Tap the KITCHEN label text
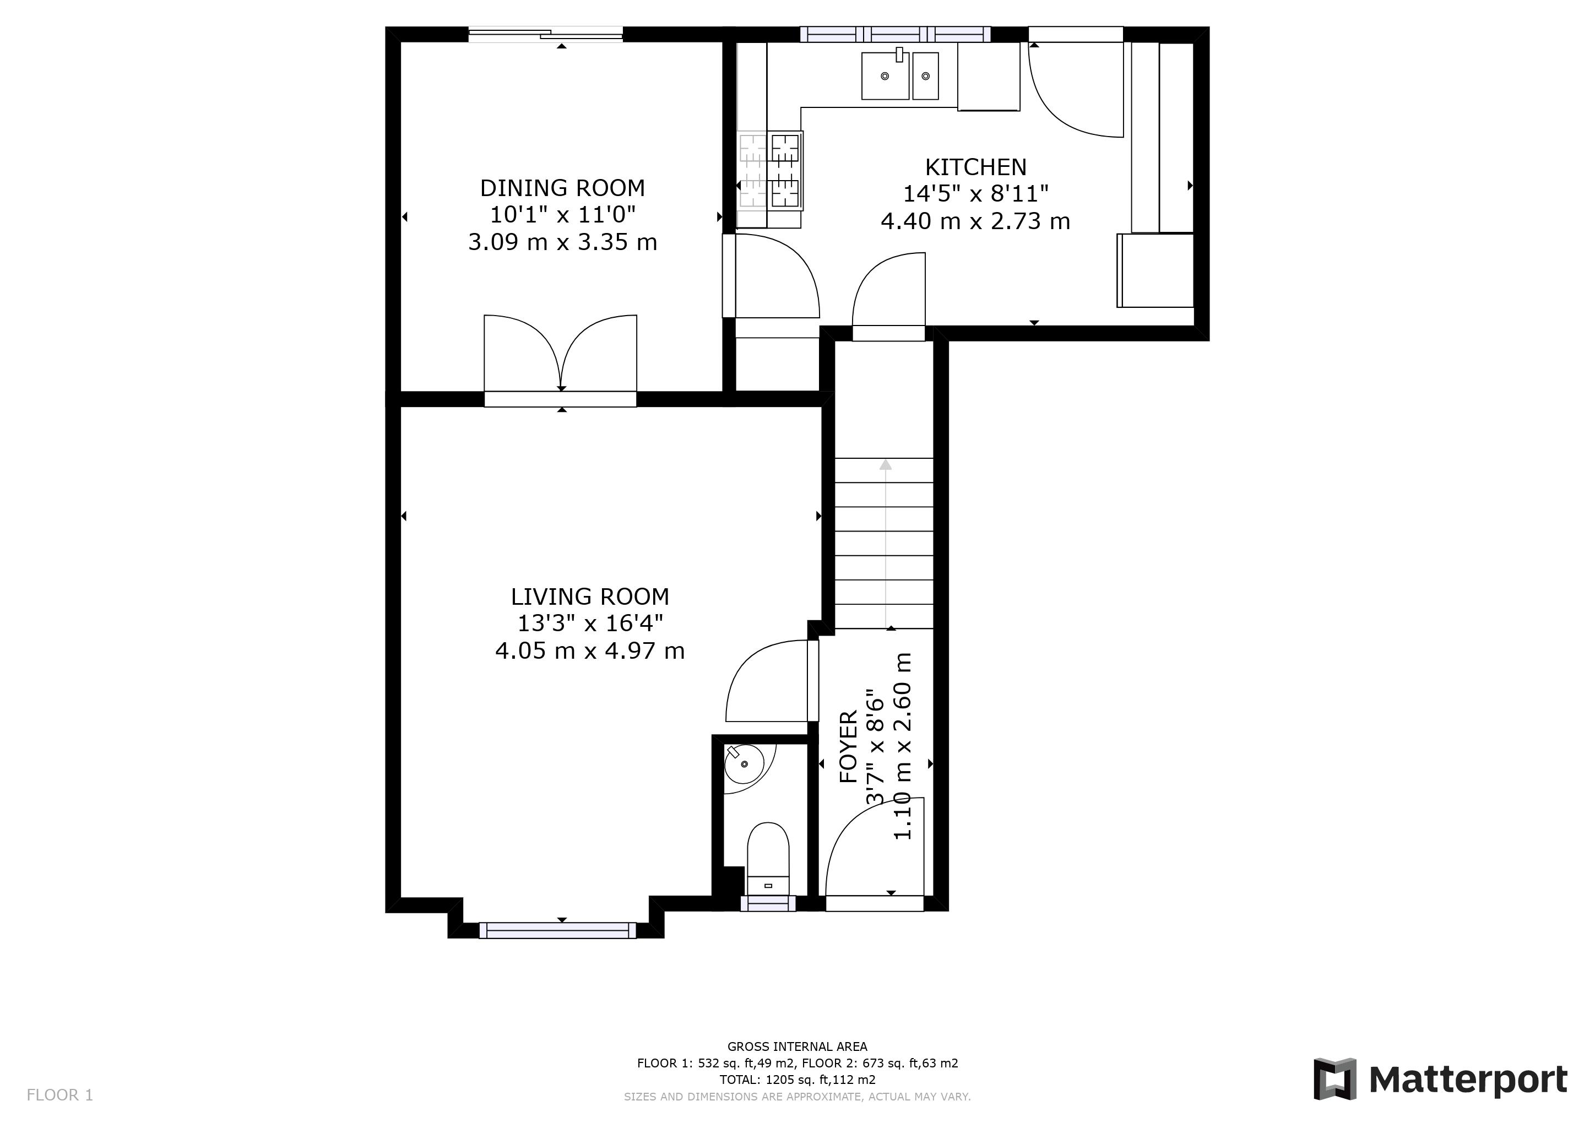pyautogui.click(x=975, y=167)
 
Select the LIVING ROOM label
pyautogui.click(x=590, y=596)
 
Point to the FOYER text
pyautogui.click(x=849, y=747)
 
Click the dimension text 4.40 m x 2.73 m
pyautogui.click(x=975, y=221)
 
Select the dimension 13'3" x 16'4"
pyautogui.click(x=590, y=623)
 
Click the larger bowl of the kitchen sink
pyautogui.click(x=885, y=75)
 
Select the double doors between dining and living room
pyautogui.click(x=561, y=354)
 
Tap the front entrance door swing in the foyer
pyautogui.click(x=874, y=851)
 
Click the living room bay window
pyautogui.click(x=557, y=930)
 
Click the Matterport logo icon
pyautogui.click(x=1334, y=1078)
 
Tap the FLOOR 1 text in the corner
pyautogui.click(x=59, y=1096)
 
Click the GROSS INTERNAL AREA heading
pyautogui.click(x=797, y=1046)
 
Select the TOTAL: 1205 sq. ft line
pyautogui.click(x=797, y=1080)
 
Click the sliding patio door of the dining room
pyautogui.click(x=546, y=34)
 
